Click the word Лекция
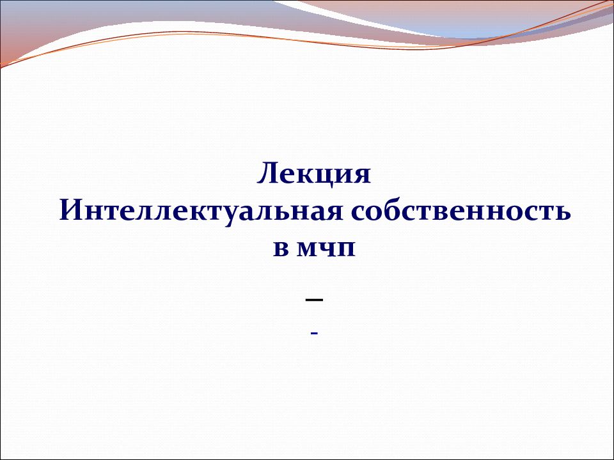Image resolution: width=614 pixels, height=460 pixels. [314, 174]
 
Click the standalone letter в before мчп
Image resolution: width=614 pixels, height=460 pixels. [281, 250]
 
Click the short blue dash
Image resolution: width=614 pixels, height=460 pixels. [314, 333]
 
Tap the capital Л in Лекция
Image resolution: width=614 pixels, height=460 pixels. [268, 174]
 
